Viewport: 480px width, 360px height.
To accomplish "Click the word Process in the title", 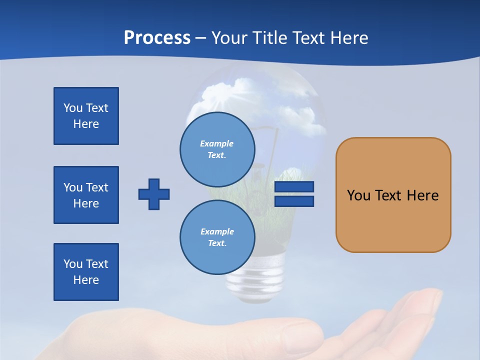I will click(157, 37).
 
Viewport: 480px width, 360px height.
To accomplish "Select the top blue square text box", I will click(86, 116).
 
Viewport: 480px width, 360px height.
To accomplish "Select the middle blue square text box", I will click(86, 195).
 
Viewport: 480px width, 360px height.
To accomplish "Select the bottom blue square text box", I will click(86, 272).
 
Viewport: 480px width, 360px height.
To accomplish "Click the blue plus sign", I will click(154, 194).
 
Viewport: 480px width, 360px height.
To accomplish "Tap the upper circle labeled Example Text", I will click(217, 149).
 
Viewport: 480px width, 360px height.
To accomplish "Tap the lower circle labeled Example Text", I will click(217, 237).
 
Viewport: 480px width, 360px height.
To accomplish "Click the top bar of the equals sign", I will click(294, 187).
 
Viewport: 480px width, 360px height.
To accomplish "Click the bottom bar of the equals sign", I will click(294, 201).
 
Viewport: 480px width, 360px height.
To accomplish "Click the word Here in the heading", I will click(348, 37).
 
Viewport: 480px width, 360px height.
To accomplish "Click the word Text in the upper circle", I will click(217, 155).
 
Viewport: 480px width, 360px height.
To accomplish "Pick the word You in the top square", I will click(73, 108).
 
